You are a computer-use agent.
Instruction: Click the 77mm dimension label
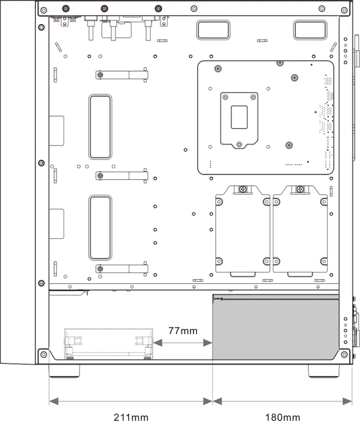(x=183, y=331)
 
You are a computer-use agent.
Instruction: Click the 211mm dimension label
(x=131, y=417)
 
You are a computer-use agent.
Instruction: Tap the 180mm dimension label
(x=282, y=417)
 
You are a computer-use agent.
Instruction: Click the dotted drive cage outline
(x=108, y=343)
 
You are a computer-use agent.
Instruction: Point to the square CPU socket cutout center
(x=239, y=117)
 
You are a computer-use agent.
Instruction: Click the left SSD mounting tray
(x=242, y=230)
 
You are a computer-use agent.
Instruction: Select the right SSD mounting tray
(x=300, y=230)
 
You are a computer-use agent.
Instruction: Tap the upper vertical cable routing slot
(x=100, y=126)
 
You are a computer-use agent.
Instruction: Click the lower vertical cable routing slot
(x=100, y=228)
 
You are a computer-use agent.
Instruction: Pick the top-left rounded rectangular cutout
(x=213, y=30)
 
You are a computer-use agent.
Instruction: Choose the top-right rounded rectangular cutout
(x=310, y=30)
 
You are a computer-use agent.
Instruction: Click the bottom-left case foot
(x=64, y=371)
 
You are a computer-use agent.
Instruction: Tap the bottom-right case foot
(x=323, y=371)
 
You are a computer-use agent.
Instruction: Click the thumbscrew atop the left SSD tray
(x=243, y=189)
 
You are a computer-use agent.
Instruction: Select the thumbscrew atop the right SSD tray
(x=300, y=189)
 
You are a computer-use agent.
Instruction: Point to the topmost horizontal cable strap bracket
(x=122, y=75)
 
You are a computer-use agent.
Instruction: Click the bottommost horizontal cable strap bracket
(x=122, y=268)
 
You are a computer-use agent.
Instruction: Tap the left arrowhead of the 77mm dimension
(x=157, y=343)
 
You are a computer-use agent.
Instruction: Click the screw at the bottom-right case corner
(x=344, y=354)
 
